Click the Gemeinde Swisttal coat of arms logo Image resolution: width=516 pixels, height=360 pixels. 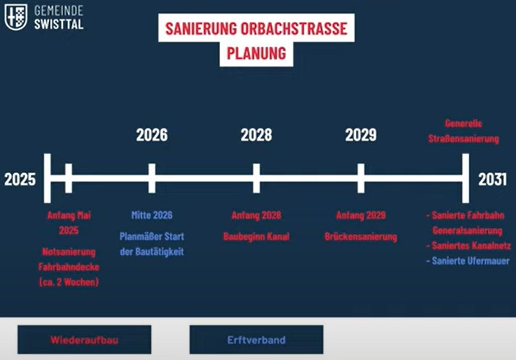16,17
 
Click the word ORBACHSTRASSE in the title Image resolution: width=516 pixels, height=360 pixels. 294,28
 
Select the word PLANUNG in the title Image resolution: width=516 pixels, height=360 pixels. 256,53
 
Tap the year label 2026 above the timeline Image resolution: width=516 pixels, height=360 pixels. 152,135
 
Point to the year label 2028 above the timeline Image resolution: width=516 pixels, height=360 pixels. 256,135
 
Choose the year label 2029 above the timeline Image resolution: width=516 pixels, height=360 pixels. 361,135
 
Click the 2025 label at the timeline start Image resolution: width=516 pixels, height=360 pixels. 20,180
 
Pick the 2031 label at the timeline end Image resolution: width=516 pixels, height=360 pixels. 493,180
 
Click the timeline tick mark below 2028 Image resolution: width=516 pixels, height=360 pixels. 256,178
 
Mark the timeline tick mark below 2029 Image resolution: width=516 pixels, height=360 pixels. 361,178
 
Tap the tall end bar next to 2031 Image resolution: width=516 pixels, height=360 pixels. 465,178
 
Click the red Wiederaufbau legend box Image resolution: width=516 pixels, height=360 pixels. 84,340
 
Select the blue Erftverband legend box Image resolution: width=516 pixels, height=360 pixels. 256,340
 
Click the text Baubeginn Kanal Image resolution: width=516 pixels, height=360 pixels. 256,236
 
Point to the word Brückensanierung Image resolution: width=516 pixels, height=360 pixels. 361,237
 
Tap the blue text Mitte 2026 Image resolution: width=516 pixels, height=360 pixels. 152,215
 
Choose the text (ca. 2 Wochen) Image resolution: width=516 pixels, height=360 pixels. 69,282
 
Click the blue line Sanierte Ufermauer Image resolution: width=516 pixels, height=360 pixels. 468,261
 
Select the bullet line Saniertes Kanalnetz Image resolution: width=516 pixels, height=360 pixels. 468,245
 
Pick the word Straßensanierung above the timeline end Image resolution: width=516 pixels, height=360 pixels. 463,139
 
